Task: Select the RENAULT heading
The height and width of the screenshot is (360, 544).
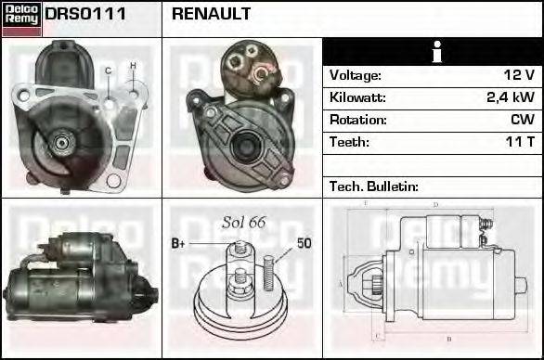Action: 211,15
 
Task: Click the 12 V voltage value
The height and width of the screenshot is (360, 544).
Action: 517,75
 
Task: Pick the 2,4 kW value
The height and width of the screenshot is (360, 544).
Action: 510,97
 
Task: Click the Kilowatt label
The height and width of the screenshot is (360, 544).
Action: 357,97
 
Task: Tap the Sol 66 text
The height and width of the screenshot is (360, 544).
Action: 244,222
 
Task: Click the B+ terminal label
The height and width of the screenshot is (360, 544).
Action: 180,244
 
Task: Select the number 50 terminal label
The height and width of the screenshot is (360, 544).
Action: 304,244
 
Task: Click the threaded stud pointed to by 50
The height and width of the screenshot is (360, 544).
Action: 268,268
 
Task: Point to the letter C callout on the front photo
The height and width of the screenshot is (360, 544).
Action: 109,71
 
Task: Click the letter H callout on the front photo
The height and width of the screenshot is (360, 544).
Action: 133,65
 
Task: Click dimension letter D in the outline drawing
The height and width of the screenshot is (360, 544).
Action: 435,204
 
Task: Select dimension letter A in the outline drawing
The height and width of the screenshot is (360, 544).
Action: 341,283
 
